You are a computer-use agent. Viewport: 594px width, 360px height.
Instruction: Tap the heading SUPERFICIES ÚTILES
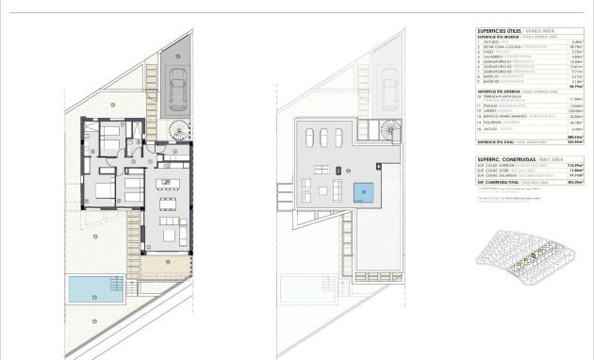tap(499, 32)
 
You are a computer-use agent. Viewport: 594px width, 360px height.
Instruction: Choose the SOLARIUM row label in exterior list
tap(496, 123)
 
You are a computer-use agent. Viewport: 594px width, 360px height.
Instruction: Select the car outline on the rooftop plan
tap(388, 88)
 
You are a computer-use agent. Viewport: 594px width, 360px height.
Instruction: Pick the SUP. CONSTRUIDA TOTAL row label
tap(501, 183)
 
